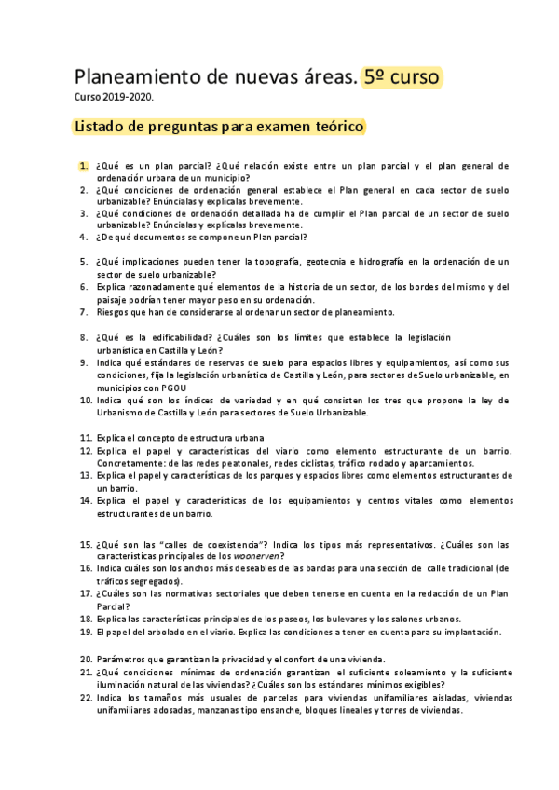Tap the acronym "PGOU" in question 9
(x=170, y=375)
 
